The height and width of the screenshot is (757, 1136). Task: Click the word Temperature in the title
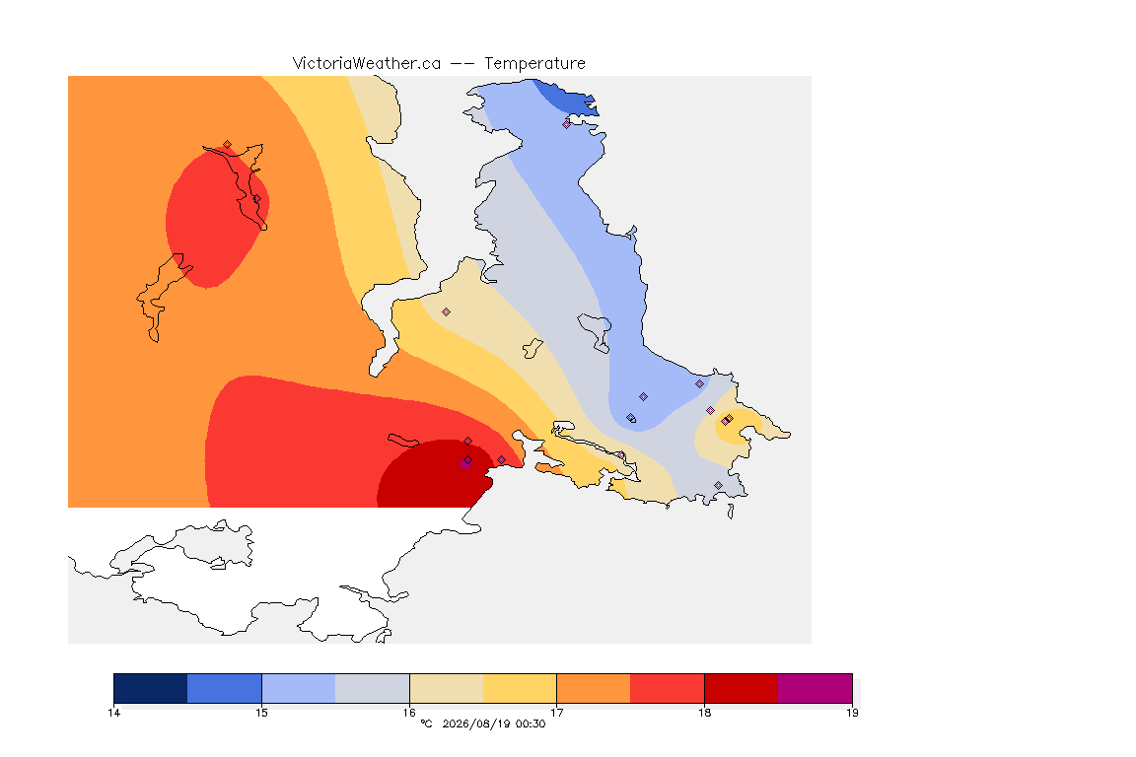(x=534, y=64)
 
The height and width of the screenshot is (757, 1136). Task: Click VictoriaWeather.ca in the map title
(x=367, y=64)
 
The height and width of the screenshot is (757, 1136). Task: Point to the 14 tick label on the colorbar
(x=113, y=713)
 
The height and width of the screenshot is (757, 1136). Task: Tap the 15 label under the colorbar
(x=261, y=713)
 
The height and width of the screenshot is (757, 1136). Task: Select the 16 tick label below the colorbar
(x=409, y=713)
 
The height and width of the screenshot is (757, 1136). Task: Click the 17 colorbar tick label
(x=557, y=713)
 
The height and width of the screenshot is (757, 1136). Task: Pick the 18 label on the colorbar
(x=705, y=713)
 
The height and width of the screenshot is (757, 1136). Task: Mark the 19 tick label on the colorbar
(x=853, y=713)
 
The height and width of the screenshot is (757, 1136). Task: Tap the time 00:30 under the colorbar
(x=531, y=723)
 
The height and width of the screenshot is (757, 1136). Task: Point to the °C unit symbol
(x=426, y=723)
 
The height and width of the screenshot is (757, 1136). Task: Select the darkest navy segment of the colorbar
(x=151, y=688)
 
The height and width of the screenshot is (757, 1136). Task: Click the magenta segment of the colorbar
(x=816, y=688)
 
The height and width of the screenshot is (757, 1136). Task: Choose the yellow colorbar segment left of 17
(x=520, y=688)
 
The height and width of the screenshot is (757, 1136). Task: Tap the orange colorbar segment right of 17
(x=594, y=688)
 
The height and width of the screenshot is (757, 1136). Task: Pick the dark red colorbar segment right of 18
(x=742, y=688)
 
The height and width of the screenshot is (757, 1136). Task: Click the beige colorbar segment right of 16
(x=447, y=688)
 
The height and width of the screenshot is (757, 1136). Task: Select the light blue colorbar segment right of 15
(x=299, y=688)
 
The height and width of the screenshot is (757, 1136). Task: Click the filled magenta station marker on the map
(x=465, y=464)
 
